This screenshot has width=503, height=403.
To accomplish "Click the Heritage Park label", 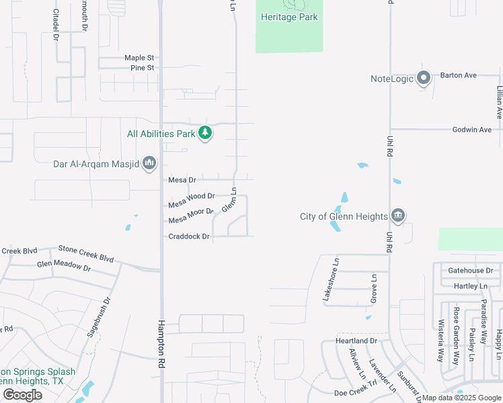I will pyautogui.click(x=289, y=17).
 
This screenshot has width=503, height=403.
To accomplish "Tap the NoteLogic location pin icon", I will pyautogui.click(x=424, y=79).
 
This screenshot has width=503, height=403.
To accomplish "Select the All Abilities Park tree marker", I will pyautogui.click(x=205, y=133).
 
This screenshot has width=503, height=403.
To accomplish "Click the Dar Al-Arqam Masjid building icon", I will pyautogui.click(x=149, y=163).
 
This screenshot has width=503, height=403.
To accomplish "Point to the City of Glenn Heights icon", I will pyautogui.click(x=397, y=216).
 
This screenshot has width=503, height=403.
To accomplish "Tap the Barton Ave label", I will pyautogui.click(x=459, y=75).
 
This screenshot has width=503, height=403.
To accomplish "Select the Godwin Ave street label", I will pyautogui.click(x=471, y=130).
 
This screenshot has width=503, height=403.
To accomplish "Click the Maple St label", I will pyautogui.click(x=139, y=58).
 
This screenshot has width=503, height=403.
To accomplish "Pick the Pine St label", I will pyautogui.click(x=143, y=68).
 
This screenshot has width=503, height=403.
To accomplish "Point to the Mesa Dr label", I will pyautogui.click(x=182, y=180).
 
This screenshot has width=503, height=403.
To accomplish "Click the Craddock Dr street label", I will pyautogui.click(x=189, y=236).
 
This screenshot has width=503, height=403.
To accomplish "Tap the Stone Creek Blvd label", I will pyautogui.click(x=85, y=253).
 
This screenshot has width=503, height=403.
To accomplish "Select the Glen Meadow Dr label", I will pyautogui.click(x=63, y=266).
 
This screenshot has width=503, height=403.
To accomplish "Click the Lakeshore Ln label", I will pyautogui.click(x=331, y=279).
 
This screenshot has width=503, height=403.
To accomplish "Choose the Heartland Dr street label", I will pyautogui.click(x=356, y=341).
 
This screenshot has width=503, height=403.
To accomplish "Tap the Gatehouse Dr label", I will pyautogui.click(x=471, y=271).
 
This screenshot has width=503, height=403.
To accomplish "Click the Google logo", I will pyautogui.click(x=22, y=394).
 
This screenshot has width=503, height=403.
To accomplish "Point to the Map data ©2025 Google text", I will pyautogui.click(x=461, y=398).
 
